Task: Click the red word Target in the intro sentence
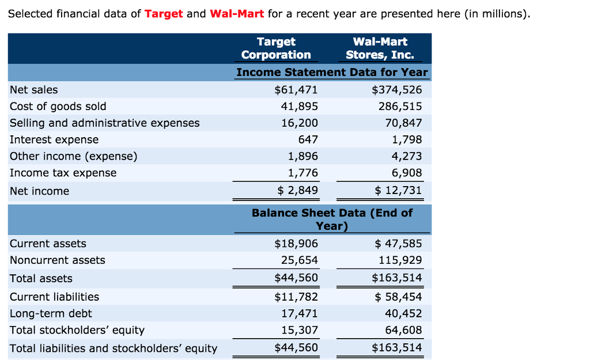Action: tap(164, 14)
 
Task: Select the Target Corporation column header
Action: tap(276, 48)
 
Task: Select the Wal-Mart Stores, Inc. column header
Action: tap(380, 48)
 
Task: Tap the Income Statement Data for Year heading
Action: tap(332, 73)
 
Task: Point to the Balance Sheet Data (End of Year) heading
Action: tap(332, 219)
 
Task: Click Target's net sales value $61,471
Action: tap(296, 90)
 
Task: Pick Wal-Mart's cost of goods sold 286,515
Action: tap(400, 107)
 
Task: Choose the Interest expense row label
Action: tap(54, 140)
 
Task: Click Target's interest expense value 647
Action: tap(308, 140)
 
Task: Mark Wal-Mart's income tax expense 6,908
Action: tap(407, 173)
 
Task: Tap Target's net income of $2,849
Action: tap(297, 191)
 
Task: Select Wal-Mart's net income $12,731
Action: tap(398, 191)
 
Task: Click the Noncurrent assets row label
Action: tap(58, 260)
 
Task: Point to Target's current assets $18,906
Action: tap(296, 244)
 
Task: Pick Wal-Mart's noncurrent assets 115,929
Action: tap(400, 260)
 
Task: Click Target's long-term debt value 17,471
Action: tap(299, 314)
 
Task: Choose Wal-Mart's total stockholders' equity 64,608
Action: tap(403, 330)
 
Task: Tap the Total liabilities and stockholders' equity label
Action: tap(114, 348)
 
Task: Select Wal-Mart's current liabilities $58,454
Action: tap(398, 297)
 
